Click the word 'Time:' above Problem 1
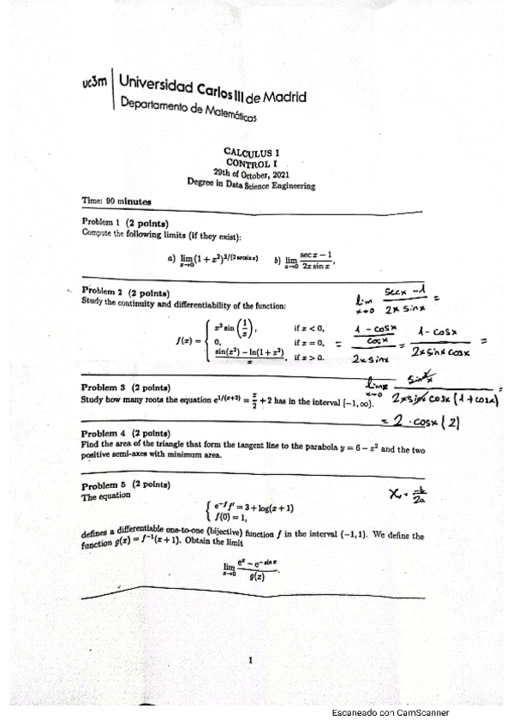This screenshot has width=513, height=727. [92, 202]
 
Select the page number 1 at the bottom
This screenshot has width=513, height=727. [249, 660]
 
